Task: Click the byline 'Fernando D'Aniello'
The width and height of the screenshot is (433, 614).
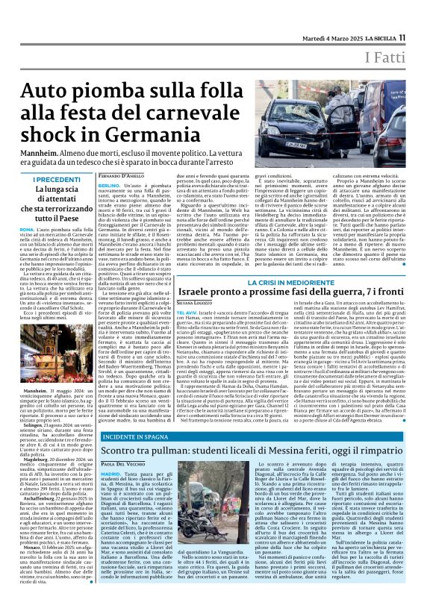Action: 120,175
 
